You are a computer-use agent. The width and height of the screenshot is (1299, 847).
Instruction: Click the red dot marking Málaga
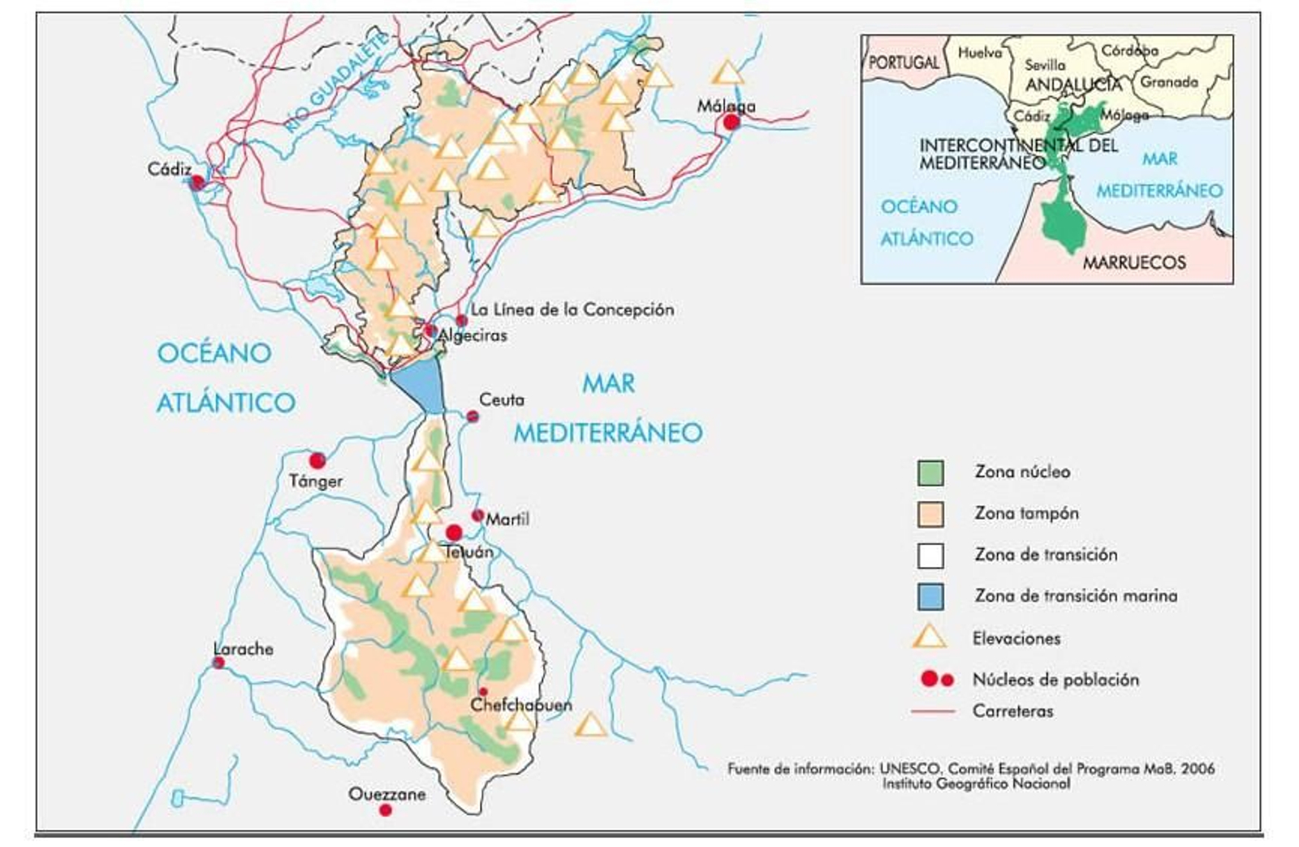click(731, 122)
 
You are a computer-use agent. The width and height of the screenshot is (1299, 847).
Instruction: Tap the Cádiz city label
click(170, 170)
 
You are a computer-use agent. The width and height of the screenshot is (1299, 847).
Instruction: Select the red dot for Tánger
click(317, 460)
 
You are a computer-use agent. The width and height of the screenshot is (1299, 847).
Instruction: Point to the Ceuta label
click(502, 400)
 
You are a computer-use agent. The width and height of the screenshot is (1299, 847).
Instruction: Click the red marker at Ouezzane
click(386, 810)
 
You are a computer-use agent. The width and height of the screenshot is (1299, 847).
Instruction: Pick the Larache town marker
click(218, 663)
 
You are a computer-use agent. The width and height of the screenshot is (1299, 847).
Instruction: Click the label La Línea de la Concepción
click(572, 309)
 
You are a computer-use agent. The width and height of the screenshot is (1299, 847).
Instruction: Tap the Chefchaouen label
click(521, 705)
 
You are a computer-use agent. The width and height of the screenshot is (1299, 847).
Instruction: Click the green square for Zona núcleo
click(930, 473)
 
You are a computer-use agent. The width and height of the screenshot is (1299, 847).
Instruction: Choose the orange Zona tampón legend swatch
click(930, 514)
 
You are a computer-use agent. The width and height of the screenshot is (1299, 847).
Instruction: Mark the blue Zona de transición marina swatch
click(930, 597)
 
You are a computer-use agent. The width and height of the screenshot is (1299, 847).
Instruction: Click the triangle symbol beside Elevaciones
click(930, 637)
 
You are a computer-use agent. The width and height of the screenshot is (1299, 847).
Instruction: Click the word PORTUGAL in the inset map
click(904, 63)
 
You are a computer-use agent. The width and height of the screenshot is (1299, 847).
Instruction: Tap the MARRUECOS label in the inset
click(1134, 262)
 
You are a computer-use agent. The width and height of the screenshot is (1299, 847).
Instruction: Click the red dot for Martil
click(477, 516)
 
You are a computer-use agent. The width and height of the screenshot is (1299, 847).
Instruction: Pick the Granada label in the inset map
click(1169, 82)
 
